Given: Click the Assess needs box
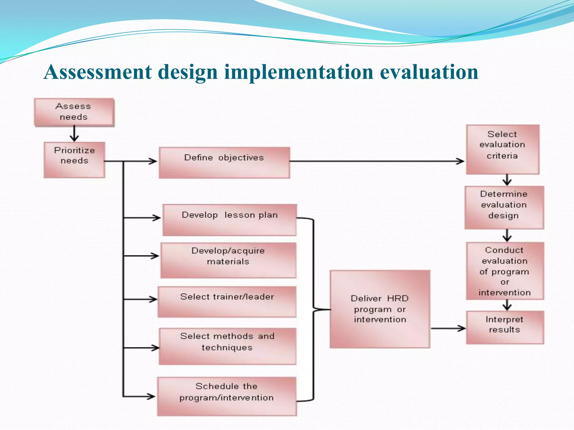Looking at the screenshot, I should coord(74,112).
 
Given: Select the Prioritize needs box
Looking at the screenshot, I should coord(74,160).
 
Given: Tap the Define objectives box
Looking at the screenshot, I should coord(224,163).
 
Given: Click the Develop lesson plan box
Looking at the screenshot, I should coord(229,220).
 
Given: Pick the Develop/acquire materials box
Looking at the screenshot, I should coord(228,260).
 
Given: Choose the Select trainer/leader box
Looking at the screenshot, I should coord(227,302).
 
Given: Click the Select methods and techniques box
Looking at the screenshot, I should coord(227,346).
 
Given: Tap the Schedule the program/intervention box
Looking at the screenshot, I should coord(227,396).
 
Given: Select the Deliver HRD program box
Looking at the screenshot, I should coord(380,309).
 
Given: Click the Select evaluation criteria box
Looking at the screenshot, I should coord(503,149).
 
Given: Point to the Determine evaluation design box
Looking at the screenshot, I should coord(504,207).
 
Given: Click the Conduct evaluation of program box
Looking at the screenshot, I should coord(505,271).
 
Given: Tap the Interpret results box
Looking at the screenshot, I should coord(505,327).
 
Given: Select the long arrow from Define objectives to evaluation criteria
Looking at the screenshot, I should coord(376,161).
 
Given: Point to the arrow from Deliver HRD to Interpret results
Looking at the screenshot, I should coord(448,328).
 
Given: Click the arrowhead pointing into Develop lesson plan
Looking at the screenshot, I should coord(156,218).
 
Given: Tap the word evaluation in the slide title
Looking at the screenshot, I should coord(429,72).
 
